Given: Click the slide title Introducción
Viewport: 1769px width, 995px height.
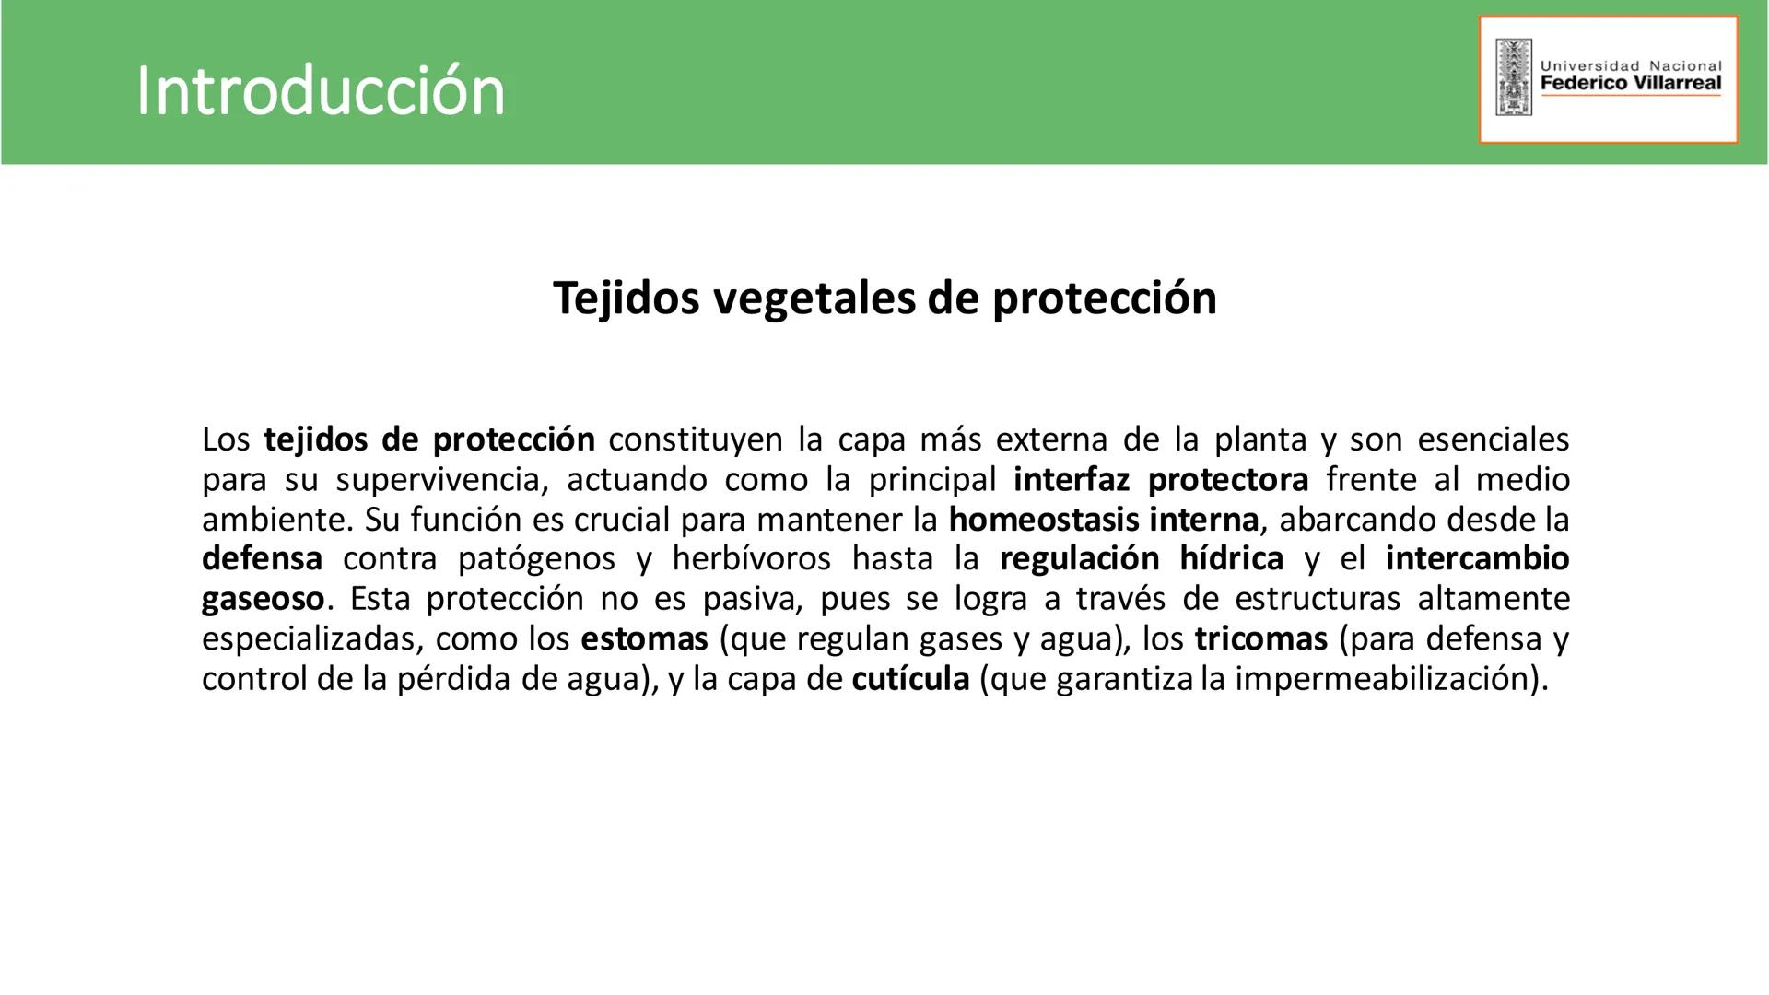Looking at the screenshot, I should tap(320, 91).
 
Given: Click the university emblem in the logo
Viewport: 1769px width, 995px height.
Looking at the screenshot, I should tap(1514, 77).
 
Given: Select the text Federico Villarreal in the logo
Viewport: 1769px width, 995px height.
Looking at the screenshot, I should tap(1630, 83).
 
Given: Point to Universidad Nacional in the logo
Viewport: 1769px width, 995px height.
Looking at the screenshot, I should tap(1630, 66).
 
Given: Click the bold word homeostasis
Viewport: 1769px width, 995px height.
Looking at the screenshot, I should tap(1044, 520).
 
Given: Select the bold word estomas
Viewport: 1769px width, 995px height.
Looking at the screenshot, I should tap(644, 638).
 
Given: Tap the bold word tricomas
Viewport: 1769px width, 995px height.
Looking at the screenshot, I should tap(1260, 638).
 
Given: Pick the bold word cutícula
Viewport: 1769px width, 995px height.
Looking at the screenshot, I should tap(910, 679).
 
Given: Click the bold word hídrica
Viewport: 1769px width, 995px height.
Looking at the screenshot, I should tap(1231, 559).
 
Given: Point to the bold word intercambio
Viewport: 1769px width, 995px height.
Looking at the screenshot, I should tap(1477, 559).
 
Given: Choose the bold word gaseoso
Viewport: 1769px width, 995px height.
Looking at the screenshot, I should tap(263, 600).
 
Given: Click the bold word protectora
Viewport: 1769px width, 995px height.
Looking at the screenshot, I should tap(1228, 480).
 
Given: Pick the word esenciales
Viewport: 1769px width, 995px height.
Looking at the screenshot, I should tap(1493, 439).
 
